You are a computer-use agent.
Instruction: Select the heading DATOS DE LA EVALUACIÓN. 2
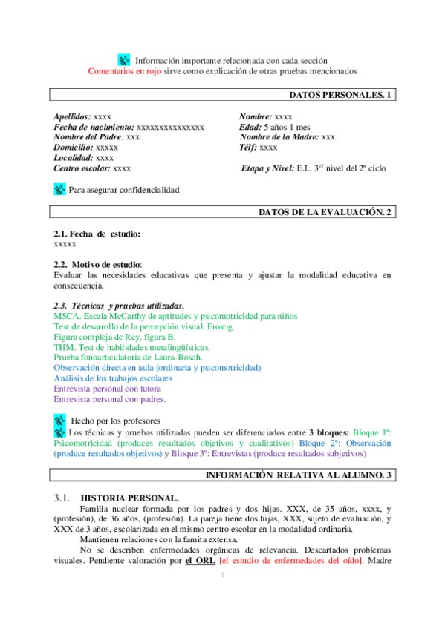coord(325,212)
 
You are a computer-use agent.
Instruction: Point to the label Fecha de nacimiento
coord(94,128)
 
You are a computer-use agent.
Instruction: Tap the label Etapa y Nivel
coord(268,168)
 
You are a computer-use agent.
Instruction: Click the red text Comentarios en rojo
coord(124,71)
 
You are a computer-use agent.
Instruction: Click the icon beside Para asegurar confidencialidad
coord(60,190)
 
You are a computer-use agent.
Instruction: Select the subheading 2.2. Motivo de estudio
coord(97,265)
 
